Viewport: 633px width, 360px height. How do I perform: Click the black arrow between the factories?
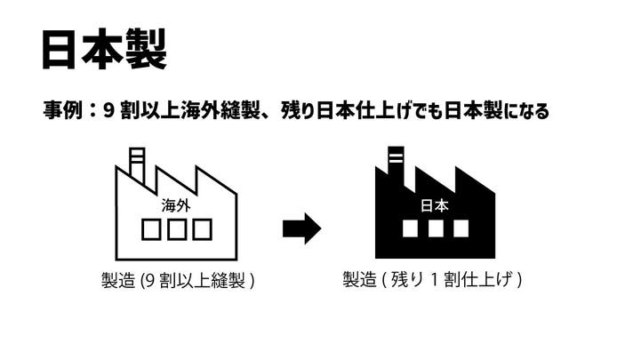click(x=301, y=228)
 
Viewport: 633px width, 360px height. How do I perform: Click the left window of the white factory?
click(x=152, y=229)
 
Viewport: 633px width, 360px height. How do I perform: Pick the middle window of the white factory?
click(x=177, y=229)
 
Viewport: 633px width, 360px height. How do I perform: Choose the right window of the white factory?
click(x=203, y=229)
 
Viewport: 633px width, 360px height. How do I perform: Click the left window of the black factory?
click(x=410, y=229)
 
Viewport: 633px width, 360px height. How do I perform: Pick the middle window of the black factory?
click(x=435, y=229)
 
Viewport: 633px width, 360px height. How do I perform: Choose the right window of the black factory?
click(x=461, y=229)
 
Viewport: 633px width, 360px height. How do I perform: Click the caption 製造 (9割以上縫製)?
click(x=178, y=281)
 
